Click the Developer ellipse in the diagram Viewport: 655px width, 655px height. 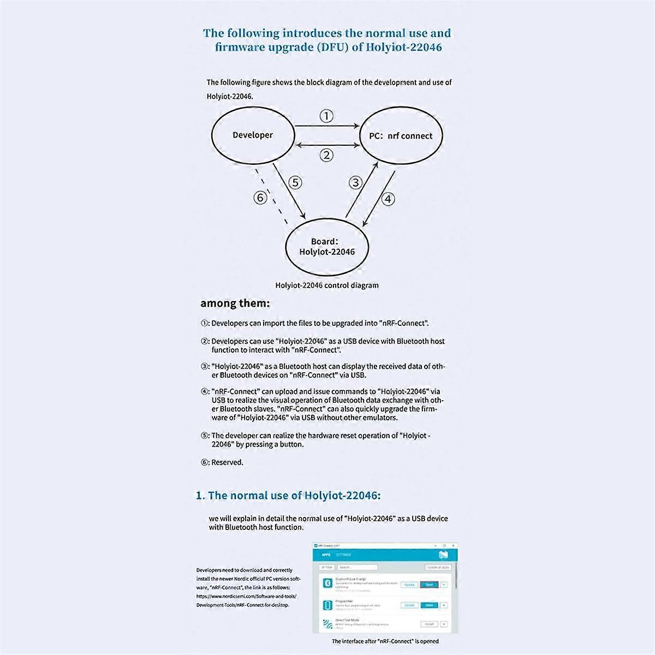(252, 135)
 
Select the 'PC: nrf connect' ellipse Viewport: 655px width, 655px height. (401, 136)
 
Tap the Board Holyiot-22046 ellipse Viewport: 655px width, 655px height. (327, 246)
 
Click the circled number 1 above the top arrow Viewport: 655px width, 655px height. (326, 116)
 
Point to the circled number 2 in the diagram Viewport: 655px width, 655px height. (326, 155)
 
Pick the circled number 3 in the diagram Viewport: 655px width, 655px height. (355, 182)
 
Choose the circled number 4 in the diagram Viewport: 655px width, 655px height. (388, 199)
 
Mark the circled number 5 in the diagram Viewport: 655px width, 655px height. (295, 182)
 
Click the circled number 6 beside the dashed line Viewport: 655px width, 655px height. (261, 198)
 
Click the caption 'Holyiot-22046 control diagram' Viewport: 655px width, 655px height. (326, 285)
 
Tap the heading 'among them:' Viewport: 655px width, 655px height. (235, 303)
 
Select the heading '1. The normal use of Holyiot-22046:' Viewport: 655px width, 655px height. (288, 496)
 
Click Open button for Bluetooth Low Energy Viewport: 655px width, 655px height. (429, 585)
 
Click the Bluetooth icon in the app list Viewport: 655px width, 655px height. (327, 583)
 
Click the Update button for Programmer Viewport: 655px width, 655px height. (409, 605)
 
